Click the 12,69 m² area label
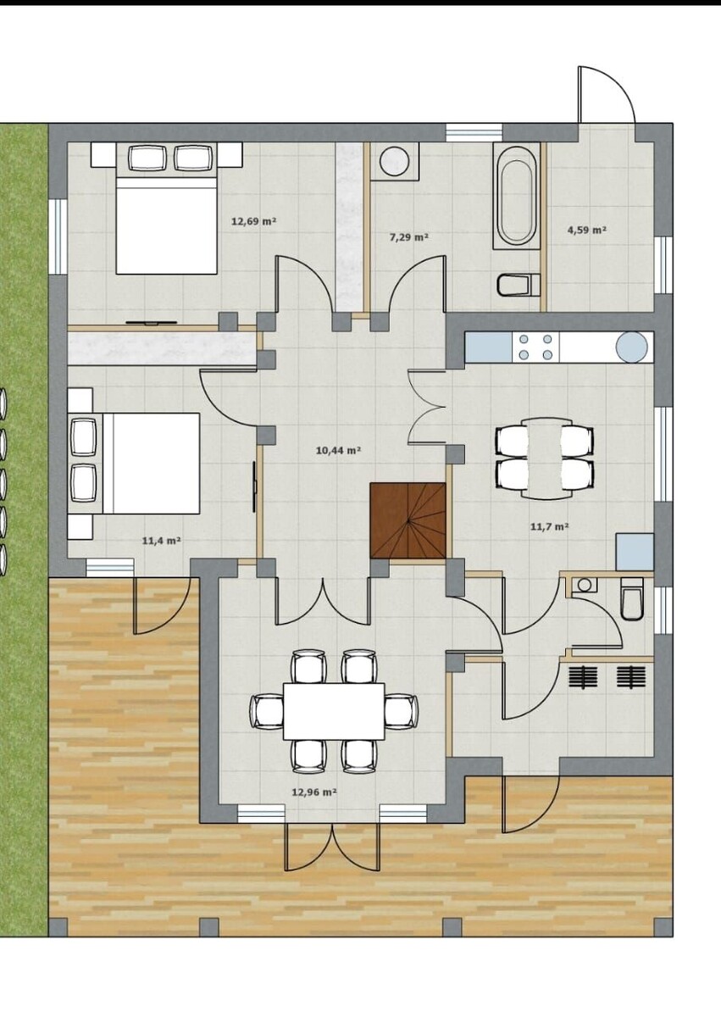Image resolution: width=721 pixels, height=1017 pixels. tap(254, 221)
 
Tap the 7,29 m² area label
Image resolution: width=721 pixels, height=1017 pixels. tap(409, 236)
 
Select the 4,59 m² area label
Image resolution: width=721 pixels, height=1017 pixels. tap(587, 230)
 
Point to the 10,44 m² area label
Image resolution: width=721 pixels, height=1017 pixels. tap(338, 450)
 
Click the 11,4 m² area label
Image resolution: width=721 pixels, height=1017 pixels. tap(162, 541)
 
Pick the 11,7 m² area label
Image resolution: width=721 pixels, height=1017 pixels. tap(550, 526)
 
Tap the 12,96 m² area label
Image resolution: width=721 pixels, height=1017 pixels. tap(314, 792)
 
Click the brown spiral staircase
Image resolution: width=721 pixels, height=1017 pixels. tap(408, 520)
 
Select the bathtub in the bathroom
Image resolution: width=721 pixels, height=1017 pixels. tap(516, 197)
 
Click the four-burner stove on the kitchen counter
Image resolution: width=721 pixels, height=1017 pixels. tap(535, 347)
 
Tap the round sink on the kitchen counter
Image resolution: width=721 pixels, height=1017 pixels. tap(631, 347)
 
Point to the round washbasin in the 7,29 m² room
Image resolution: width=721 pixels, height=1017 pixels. tap(395, 160)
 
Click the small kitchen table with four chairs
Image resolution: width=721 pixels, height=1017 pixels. tap(545, 458)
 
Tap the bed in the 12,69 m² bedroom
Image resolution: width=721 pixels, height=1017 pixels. tap(166, 208)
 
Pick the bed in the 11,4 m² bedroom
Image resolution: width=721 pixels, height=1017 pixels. tap(134, 463)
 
